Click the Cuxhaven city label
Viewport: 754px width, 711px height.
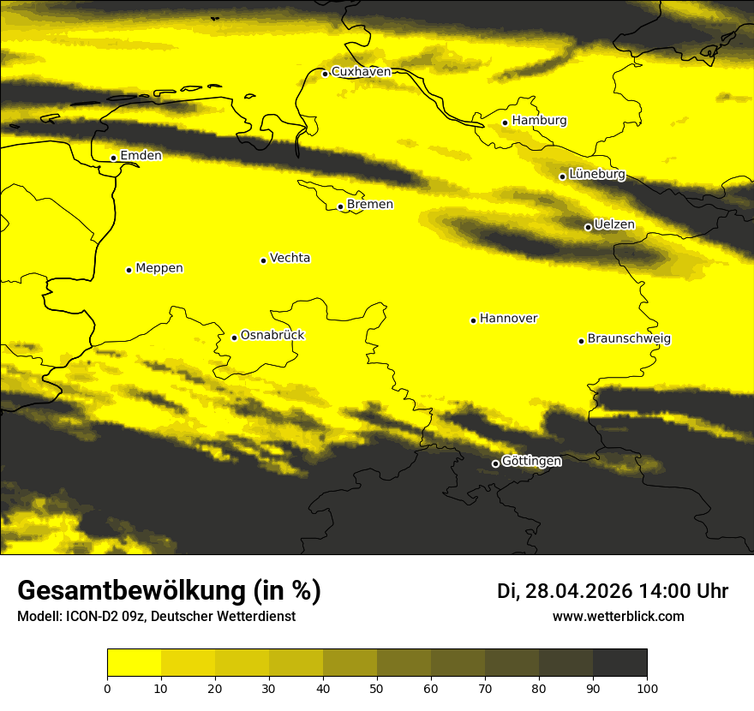click(361, 72)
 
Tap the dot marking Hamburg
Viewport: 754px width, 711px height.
click(506, 122)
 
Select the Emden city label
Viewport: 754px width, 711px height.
click(141, 156)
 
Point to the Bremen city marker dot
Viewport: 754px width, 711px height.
click(340, 206)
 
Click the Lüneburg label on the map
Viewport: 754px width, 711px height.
click(596, 174)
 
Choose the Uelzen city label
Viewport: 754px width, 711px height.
click(614, 225)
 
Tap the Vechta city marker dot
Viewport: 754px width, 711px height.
click(263, 260)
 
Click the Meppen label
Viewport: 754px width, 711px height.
click(159, 268)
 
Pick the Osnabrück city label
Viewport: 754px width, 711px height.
click(272, 336)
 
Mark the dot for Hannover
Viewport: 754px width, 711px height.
click(473, 320)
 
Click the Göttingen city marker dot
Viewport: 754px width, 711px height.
click(495, 463)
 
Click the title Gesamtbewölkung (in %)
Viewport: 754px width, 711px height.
click(169, 591)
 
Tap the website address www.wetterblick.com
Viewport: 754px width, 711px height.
click(619, 617)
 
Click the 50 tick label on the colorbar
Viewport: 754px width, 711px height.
click(377, 688)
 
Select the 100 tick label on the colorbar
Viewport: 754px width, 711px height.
click(647, 688)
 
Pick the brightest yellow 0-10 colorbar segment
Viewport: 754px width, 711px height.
click(135, 662)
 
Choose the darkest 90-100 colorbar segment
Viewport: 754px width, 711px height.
click(619, 662)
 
